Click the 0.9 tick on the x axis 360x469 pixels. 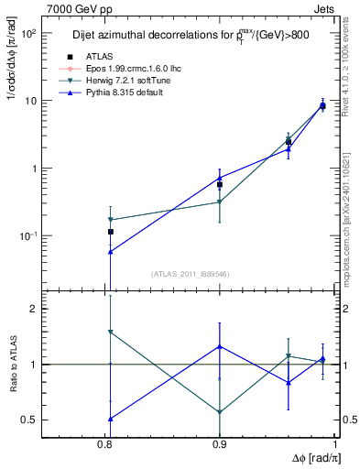point(220,443)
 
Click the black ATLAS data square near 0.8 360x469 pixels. point(110,232)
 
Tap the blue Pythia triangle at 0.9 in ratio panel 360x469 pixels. point(220,346)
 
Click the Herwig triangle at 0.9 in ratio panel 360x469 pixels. point(220,412)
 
